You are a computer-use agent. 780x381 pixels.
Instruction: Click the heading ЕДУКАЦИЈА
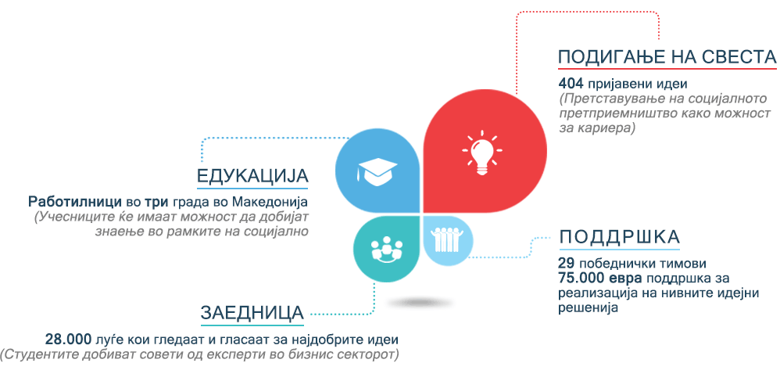click(252, 177)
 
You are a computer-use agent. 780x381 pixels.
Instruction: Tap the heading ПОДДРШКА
click(619, 238)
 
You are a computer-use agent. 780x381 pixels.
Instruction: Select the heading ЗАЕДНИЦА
click(252, 313)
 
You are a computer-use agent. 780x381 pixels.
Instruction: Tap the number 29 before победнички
click(566, 262)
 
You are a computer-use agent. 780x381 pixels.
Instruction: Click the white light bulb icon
click(481, 152)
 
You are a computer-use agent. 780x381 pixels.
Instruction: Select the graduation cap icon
click(377, 172)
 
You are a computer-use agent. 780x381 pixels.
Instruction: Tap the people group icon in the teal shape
click(387, 248)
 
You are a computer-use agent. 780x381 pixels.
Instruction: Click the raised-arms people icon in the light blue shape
click(447, 239)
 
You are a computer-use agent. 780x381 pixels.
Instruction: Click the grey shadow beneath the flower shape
click(420, 302)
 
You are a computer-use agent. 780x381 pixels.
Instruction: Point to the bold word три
click(158, 203)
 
